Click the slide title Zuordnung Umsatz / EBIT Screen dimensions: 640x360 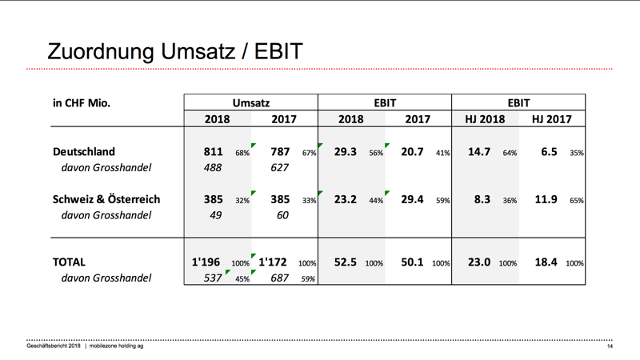coord(174,51)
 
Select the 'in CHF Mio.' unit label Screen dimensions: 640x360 coord(82,103)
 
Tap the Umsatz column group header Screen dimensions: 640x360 coord(251,103)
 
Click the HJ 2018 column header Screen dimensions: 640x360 coord(485,119)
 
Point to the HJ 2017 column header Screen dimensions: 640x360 coord(551,119)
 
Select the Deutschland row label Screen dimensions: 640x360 coord(84,151)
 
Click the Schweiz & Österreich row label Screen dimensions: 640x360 coord(106,199)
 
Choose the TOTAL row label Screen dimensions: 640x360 coord(69,262)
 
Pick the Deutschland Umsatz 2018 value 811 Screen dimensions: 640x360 coord(213,152)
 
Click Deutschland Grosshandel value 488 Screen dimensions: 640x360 coord(213,168)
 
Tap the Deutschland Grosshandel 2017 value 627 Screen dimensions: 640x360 coord(279,168)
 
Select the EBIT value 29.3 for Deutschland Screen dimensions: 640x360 coord(346,152)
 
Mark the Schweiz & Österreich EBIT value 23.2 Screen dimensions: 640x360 coord(346,199)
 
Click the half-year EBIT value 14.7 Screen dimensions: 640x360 coord(479,152)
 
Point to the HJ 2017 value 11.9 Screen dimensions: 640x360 coord(546,199)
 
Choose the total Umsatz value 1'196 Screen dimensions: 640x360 coord(206,262)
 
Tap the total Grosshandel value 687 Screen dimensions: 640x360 coord(279,278)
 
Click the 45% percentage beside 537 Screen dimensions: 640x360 coord(242,279)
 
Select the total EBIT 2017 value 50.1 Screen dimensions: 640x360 coord(412,262)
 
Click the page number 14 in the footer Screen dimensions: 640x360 coord(610,346)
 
